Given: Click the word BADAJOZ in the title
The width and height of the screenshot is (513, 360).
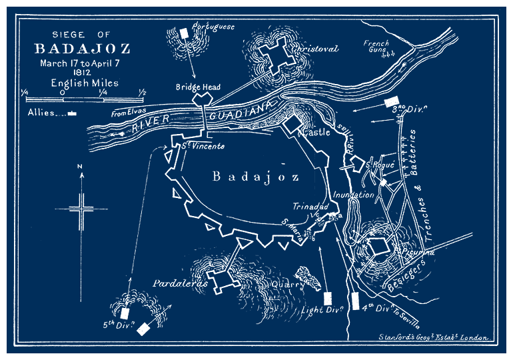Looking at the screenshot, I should click(x=82, y=49).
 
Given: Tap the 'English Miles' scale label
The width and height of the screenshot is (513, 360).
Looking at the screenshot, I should click(x=84, y=83).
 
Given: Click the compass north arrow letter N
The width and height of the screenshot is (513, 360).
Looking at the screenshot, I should click(x=81, y=166).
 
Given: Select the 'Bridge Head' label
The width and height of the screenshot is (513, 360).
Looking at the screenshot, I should click(x=198, y=87).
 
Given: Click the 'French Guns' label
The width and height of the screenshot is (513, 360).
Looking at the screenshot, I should click(x=376, y=47).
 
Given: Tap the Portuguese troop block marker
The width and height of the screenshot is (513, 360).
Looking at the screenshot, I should click(x=185, y=33).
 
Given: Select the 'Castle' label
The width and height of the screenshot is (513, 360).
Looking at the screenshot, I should click(x=316, y=133).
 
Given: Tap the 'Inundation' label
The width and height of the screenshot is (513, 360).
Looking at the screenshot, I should click(x=354, y=195).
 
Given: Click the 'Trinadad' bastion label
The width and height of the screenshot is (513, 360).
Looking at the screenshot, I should click(x=306, y=207).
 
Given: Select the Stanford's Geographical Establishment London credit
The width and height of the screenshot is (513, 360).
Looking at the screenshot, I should click(x=433, y=338).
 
